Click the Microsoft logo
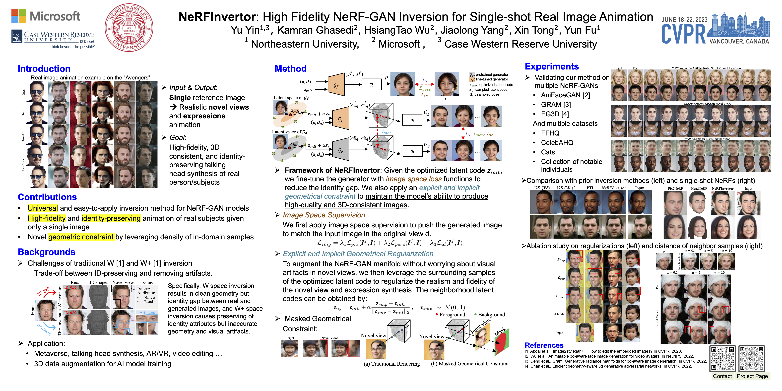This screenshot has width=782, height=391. [46, 16]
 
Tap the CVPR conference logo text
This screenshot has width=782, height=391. [683, 34]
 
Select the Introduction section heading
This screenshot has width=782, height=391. [44, 69]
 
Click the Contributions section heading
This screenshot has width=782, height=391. [47, 197]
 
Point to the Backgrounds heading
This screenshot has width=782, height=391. [46, 252]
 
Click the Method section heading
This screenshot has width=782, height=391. [291, 69]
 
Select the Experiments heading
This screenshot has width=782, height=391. [552, 66]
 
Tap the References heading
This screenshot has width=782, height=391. [544, 345]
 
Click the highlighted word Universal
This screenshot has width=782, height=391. [43, 208]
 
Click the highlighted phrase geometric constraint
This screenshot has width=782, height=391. [81, 237]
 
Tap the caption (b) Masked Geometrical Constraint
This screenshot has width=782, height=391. [469, 364]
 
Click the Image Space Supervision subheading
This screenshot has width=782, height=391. [324, 215]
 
